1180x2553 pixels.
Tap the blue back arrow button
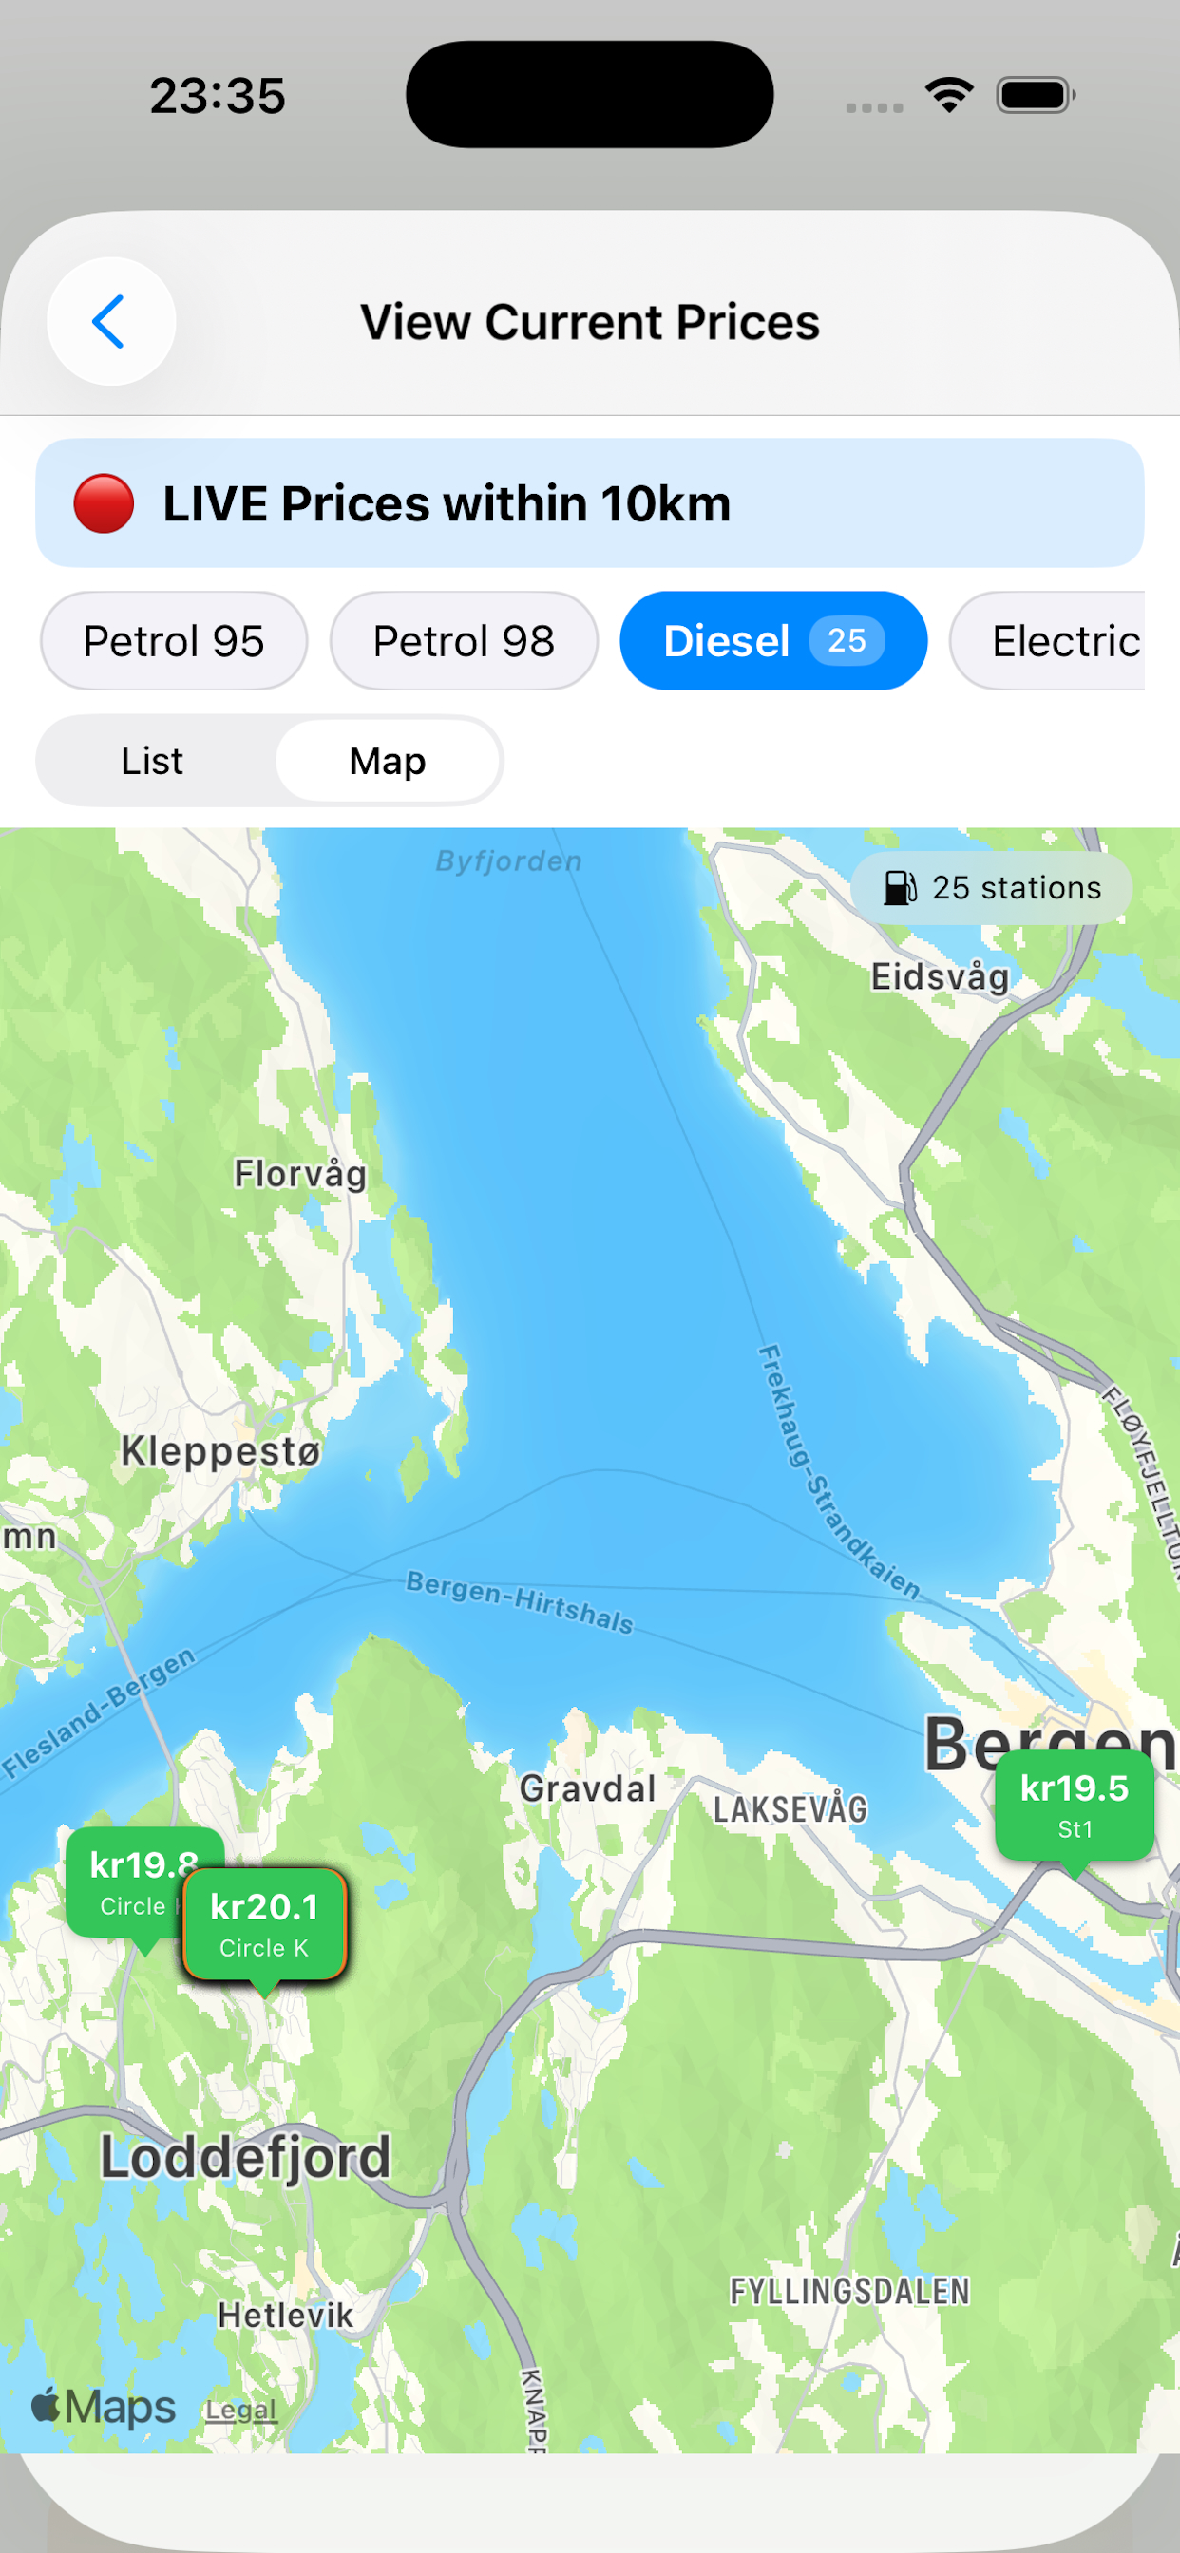(x=110, y=321)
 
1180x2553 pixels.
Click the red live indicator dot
(x=104, y=503)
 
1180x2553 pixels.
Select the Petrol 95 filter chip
(x=174, y=641)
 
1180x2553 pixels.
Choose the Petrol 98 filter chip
(x=463, y=641)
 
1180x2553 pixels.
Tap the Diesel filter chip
(x=728, y=641)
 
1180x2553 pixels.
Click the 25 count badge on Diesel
(x=846, y=641)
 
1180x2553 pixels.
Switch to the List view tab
(x=152, y=761)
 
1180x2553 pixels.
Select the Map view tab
(x=388, y=761)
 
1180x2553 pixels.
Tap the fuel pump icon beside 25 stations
(x=900, y=888)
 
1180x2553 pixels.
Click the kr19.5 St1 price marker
(x=1074, y=1805)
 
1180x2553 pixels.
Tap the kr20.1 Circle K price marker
(x=265, y=1923)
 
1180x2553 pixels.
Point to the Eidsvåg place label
(x=940, y=977)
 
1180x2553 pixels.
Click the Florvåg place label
(x=300, y=1175)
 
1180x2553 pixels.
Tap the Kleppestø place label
(x=221, y=1451)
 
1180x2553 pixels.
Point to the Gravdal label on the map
(x=588, y=1788)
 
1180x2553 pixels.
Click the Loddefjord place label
(x=246, y=2158)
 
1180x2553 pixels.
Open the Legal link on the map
(x=241, y=2410)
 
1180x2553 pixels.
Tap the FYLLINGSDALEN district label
(x=849, y=2292)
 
